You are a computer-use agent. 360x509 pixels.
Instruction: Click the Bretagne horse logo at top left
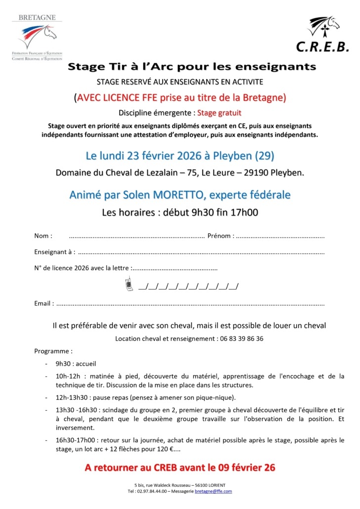click(38, 35)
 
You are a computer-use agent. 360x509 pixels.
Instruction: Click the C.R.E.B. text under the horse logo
click(322, 47)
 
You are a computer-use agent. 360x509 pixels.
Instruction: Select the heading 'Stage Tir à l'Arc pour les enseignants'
click(191, 66)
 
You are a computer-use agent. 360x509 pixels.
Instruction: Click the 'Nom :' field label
click(44, 236)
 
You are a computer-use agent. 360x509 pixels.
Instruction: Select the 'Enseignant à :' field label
click(54, 252)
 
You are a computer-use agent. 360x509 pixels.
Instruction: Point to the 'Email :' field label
click(44, 303)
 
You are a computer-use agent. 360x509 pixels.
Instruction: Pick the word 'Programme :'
click(53, 351)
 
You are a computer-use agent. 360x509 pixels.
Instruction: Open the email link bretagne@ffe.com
click(213, 491)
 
